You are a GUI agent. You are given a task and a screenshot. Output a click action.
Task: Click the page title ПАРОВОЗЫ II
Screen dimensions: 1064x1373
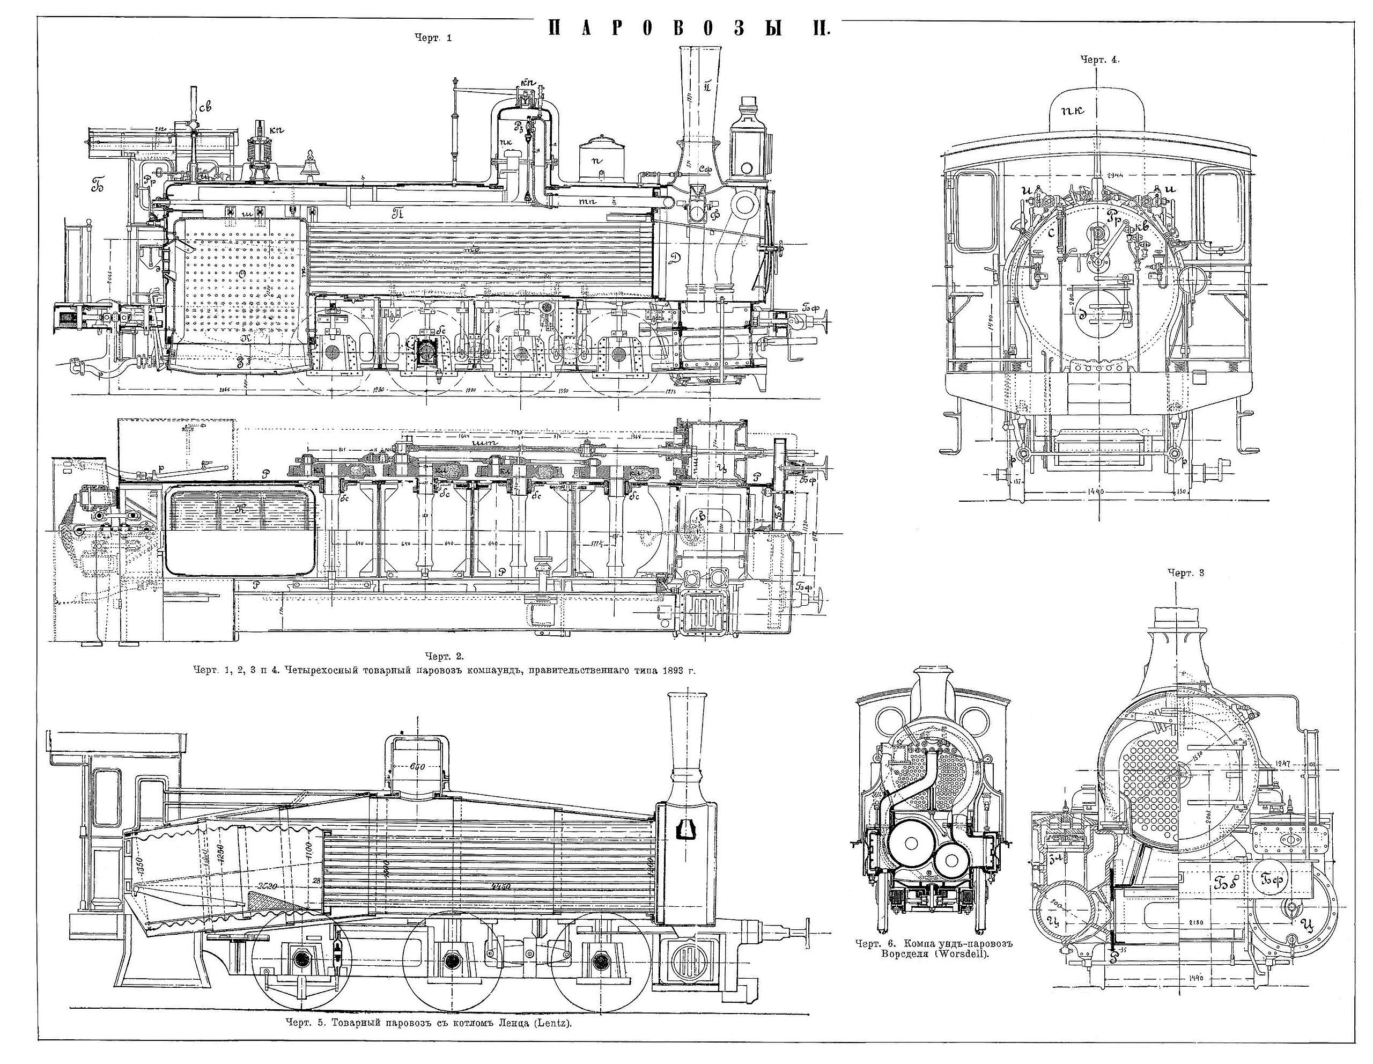click(689, 28)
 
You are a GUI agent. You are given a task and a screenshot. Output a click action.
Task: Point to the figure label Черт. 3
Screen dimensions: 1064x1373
click(1186, 573)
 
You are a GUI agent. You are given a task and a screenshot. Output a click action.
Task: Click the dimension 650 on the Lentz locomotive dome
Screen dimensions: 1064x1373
click(417, 767)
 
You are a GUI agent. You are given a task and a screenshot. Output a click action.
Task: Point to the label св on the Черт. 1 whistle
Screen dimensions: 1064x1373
click(204, 107)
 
